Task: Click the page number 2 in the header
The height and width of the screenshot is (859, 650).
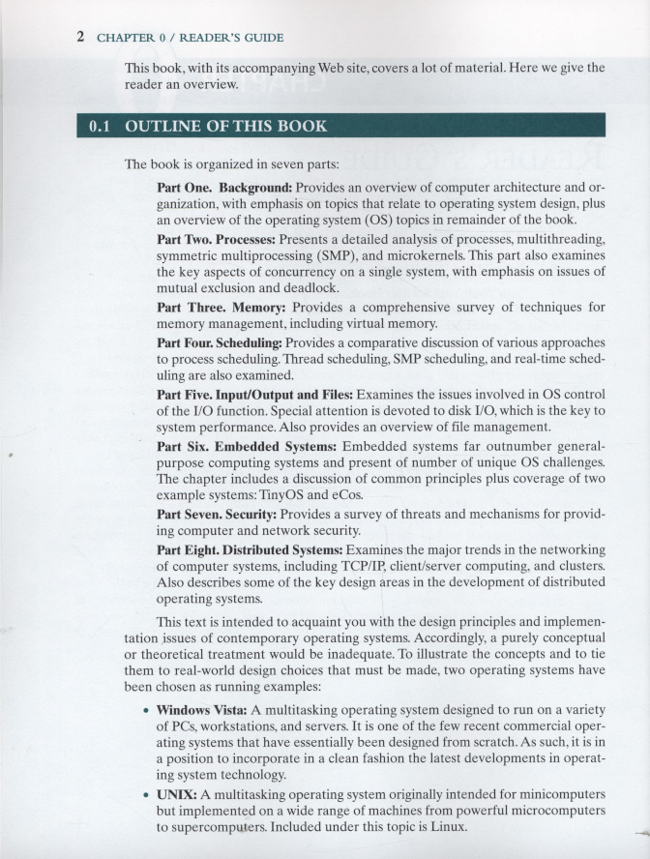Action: click(81, 38)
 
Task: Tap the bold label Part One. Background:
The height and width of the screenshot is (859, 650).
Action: click(223, 187)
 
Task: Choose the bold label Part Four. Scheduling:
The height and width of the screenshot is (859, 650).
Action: click(220, 342)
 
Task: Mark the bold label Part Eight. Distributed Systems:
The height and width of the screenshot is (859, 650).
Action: click(250, 550)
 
